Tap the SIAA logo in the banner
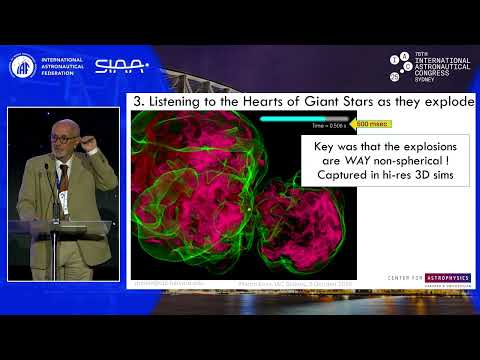pos(121,66)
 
